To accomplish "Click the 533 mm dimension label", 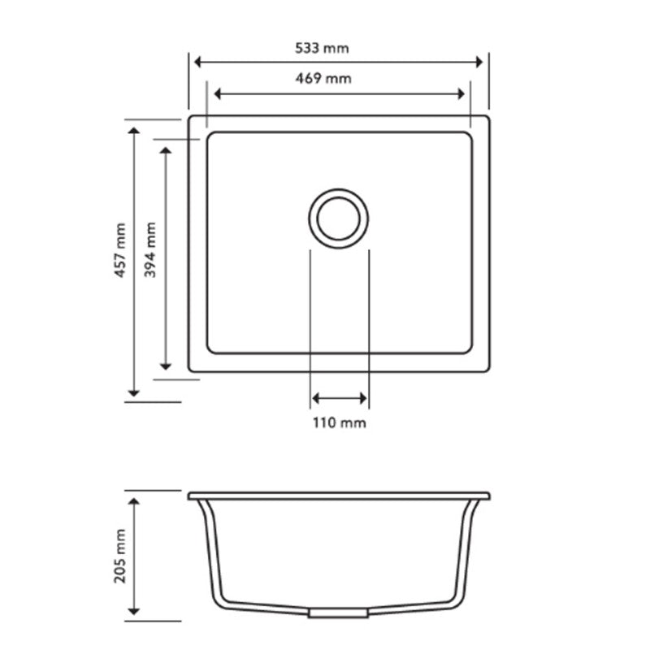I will click(x=323, y=49).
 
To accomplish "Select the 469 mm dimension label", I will click(x=323, y=79).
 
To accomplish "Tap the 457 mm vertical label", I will click(x=120, y=252).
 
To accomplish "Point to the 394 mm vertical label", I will click(x=151, y=252).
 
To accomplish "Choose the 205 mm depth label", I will click(x=120, y=555).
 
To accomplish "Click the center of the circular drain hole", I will click(x=339, y=219).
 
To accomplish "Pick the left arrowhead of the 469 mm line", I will click(x=215, y=93).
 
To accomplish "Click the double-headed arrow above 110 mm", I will click(x=340, y=398).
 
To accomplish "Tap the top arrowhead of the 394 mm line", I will click(x=166, y=152).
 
